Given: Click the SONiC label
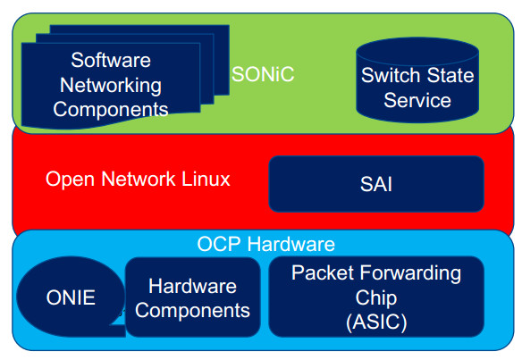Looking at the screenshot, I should (x=263, y=75).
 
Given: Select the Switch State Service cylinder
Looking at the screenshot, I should (x=417, y=80).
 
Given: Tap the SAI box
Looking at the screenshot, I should (x=375, y=185).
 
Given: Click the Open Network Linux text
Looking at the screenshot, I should (x=138, y=180).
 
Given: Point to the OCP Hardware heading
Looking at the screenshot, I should (x=265, y=244).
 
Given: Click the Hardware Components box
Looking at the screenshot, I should (x=192, y=298).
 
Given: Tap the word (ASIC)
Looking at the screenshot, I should (x=376, y=322).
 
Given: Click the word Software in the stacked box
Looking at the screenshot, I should (x=111, y=61).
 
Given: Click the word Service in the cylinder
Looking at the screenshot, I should (x=417, y=99).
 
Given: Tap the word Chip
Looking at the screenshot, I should (x=376, y=297).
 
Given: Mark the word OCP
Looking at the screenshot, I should (x=216, y=244).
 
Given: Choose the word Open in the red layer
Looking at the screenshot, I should (x=66, y=180).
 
